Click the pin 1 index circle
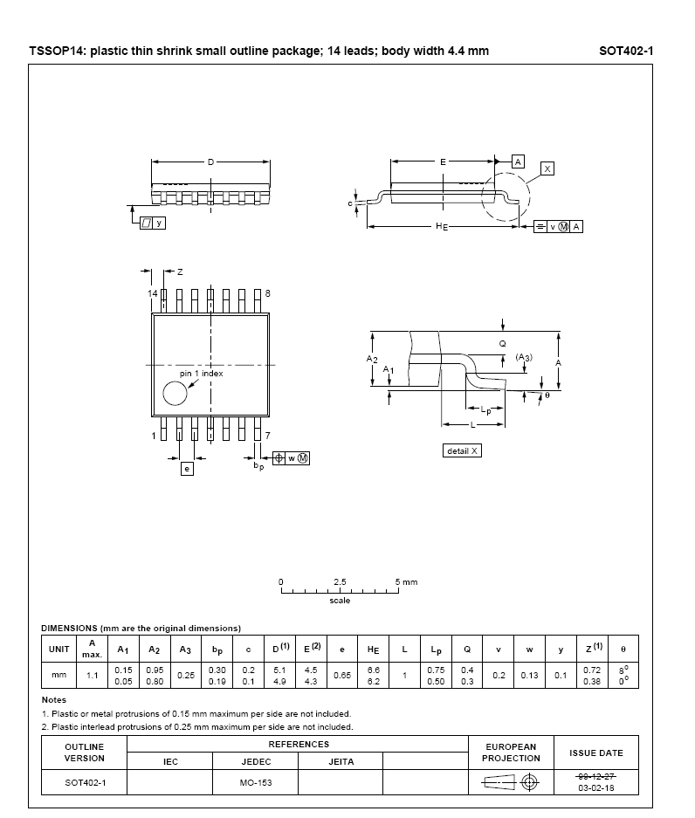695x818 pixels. click(175, 394)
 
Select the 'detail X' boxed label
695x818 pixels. click(462, 450)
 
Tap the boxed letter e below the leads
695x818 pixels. click(187, 469)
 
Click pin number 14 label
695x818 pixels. click(152, 293)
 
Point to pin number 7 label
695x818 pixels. click(268, 436)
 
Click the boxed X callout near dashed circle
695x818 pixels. click(547, 168)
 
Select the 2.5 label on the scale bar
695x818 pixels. click(340, 581)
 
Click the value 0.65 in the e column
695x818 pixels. click(341, 675)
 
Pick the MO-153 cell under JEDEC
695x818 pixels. click(256, 782)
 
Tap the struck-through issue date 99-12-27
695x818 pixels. click(595, 777)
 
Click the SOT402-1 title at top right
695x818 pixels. click(626, 51)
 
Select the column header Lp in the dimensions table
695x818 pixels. click(436, 650)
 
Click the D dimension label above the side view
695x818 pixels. click(210, 162)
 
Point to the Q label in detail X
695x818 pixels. click(502, 344)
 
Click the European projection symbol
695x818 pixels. click(511, 782)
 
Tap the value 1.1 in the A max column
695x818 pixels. click(93, 675)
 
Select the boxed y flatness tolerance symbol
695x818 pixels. click(153, 223)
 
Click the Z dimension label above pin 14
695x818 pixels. click(180, 272)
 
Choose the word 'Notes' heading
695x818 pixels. click(54, 699)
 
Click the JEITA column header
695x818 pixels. click(341, 761)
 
